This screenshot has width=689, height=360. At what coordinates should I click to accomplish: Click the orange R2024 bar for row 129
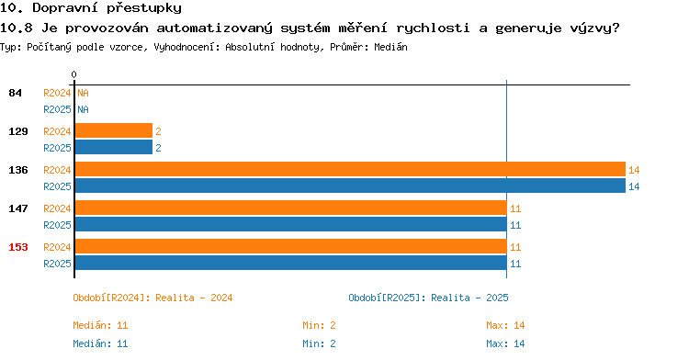point(114,130)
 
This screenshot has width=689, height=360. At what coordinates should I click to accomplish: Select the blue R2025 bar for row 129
point(114,147)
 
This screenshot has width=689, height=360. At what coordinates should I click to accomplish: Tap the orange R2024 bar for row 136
point(350,169)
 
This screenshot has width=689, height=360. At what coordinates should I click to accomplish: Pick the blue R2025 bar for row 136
point(350,186)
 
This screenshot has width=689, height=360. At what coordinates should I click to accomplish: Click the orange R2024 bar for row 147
point(291,208)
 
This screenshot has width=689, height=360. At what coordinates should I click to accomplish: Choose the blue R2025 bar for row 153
point(291,263)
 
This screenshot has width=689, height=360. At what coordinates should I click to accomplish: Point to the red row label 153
point(18,247)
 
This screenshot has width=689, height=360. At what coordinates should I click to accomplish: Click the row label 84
point(15,93)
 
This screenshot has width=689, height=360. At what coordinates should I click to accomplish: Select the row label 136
point(18,170)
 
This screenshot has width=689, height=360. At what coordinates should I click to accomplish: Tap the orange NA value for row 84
point(83,93)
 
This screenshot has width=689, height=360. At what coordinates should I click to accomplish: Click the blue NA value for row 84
point(83,109)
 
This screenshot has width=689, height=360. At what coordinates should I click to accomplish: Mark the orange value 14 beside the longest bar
point(634,170)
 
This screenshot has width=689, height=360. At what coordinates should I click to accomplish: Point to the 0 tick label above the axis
point(73,74)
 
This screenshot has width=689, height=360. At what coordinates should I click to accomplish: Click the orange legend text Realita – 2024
point(194,298)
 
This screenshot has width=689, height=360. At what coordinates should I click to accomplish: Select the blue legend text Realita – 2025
point(469,298)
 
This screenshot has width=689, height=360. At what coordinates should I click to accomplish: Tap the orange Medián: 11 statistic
point(100,325)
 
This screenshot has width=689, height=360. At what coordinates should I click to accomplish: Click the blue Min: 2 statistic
point(319,343)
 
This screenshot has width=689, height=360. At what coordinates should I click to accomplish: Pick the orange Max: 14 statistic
point(505,325)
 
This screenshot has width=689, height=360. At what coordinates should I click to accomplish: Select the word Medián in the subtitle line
point(390,47)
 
